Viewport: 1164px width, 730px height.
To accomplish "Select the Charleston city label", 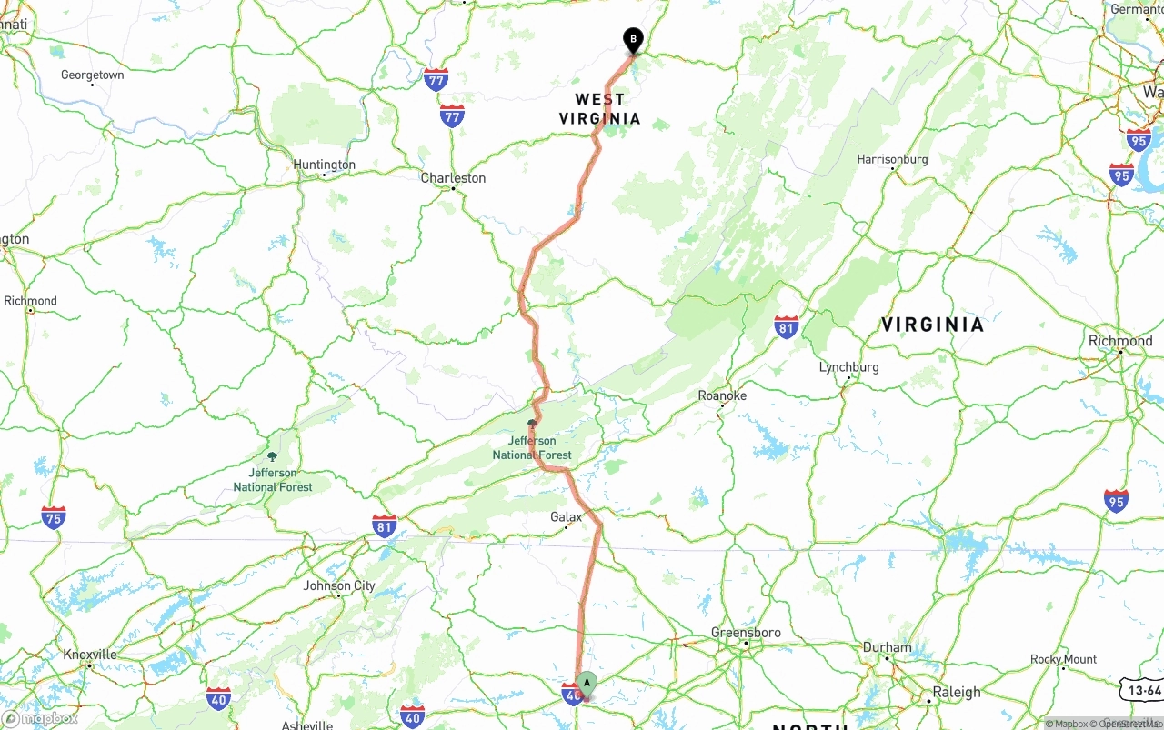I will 453,178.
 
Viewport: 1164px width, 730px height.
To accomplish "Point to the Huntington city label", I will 325,165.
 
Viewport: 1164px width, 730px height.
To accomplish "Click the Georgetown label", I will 92,75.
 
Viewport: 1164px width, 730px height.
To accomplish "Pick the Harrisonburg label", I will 892,159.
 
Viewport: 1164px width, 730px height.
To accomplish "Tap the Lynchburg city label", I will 848,367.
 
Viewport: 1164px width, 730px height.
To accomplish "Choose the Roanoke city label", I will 722,395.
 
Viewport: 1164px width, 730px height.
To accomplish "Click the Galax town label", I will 566,516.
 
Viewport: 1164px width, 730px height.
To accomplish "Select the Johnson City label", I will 339,585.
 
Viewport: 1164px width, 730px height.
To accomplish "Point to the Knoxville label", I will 90,655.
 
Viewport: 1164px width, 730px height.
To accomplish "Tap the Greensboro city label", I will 746,633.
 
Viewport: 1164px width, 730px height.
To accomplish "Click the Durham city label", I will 887,647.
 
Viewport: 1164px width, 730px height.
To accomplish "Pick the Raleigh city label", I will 956,692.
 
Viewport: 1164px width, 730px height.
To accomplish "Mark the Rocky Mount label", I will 1063,659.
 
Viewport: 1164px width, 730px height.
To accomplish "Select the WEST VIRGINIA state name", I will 599,109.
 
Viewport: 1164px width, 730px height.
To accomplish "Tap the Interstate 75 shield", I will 54,517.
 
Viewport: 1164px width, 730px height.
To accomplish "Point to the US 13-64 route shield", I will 1140,691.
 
